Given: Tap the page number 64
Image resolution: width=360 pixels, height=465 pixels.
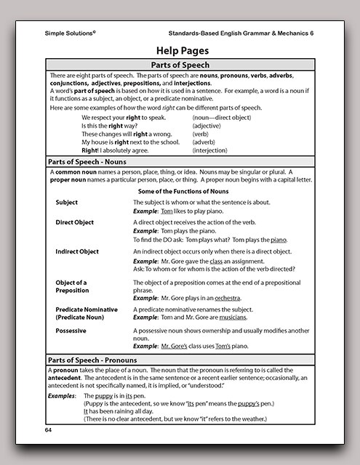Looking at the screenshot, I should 49,430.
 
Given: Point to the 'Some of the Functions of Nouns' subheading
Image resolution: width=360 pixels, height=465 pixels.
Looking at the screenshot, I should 183,190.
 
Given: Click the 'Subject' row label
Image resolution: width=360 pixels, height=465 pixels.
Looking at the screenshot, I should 67,202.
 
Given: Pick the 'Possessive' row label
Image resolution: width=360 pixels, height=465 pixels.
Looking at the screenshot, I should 72,331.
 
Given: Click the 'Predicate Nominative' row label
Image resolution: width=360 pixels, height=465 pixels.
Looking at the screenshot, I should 87,310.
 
